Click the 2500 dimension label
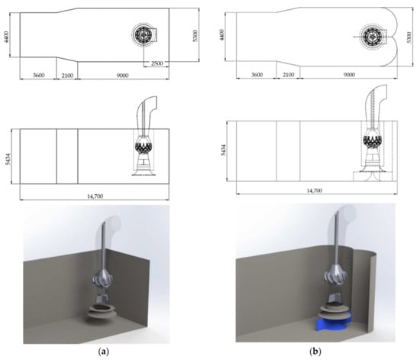tap(157, 63)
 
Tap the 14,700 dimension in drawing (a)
tap(95, 196)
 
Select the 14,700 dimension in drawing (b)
tap(314, 190)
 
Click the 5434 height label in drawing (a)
tap(8, 159)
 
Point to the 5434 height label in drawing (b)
tap(224, 150)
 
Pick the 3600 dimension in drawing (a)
tap(39, 76)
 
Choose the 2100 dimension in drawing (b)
tap(289, 75)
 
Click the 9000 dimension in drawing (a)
tap(122, 76)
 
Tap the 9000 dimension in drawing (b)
tap(349, 75)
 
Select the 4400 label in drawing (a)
tap(7, 37)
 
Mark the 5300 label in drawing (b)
tap(409, 37)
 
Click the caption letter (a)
tap(104, 352)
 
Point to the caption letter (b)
tap(315, 352)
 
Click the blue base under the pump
tap(334, 323)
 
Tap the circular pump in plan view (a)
tap(143, 34)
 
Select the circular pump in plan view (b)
tap(372, 37)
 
